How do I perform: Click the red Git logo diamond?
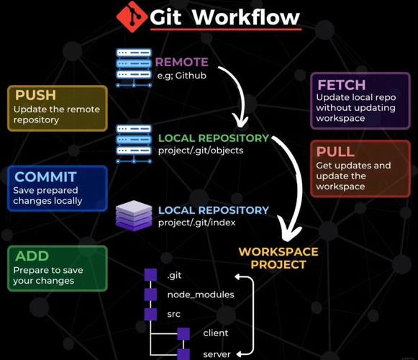(x=132, y=17)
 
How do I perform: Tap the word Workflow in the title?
(x=246, y=17)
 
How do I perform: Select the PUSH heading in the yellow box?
(x=36, y=95)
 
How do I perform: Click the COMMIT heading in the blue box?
(x=45, y=176)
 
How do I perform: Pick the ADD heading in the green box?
(x=32, y=256)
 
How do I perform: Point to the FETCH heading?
(x=342, y=85)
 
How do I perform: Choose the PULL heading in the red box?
(x=335, y=152)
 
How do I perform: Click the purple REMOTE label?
(x=181, y=62)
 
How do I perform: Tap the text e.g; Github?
(x=181, y=76)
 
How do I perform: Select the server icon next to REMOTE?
(x=134, y=68)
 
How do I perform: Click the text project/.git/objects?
(x=201, y=150)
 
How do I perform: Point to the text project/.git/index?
(x=196, y=222)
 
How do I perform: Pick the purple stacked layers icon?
(x=134, y=215)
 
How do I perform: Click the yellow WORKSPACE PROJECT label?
(x=278, y=258)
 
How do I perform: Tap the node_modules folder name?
(x=201, y=294)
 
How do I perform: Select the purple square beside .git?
(x=150, y=274)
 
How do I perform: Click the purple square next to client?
(x=183, y=334)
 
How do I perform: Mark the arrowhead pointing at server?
(x=240, y=354)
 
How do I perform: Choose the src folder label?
(x=174, y=314)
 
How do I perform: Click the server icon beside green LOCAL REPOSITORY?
(x=134, y=144)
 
